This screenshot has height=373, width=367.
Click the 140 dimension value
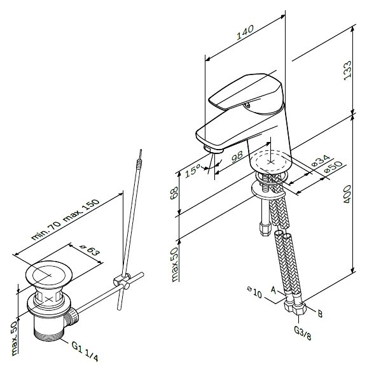(246, 32)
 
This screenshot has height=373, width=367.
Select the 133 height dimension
(347, 71)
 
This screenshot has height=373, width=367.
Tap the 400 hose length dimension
(347, 194)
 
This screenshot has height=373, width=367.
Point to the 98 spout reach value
(237, 157)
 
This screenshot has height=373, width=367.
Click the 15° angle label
(193, 171)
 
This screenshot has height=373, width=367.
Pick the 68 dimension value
(174, 193)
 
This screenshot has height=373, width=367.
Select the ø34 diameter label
(321, 160)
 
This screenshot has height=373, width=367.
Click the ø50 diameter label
(334, 167)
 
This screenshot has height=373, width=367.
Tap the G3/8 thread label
(302, 333)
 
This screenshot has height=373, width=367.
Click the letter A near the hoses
(274, 290)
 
